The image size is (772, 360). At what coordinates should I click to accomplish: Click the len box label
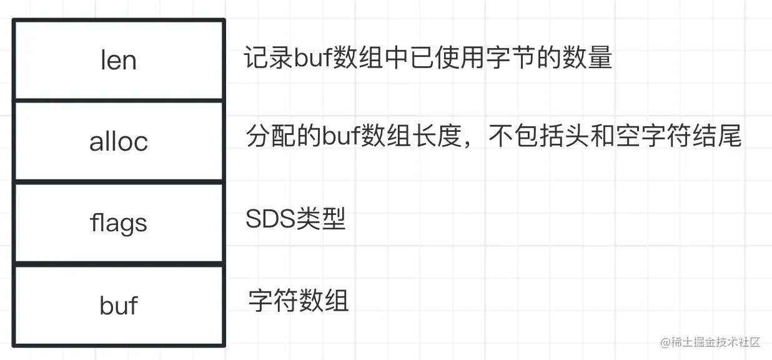[x=118, y=61]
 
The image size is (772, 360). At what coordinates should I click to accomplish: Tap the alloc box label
[x=118, y=142]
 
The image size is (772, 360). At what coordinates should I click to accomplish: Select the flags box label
[x=118, y=223]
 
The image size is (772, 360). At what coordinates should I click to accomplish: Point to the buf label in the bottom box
[x=118, y=306]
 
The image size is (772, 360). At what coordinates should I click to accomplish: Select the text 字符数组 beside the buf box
[x=298, y=301]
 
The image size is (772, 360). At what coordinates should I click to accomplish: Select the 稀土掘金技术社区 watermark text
[x=715, y=342]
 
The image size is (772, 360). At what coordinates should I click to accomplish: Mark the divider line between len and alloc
[x=118, y=100]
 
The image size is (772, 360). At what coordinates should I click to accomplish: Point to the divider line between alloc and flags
[x=118, y=182]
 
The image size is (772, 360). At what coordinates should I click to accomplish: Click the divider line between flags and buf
[x=118, y=264]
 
